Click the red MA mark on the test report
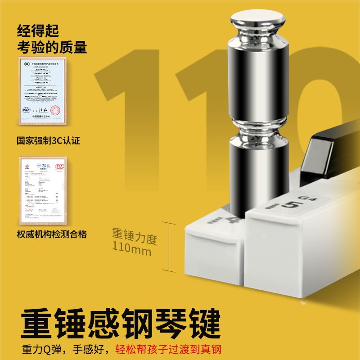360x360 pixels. coord(59,167)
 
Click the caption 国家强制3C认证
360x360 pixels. coord(49,140)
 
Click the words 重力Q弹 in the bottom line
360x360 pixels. coord(42,349)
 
